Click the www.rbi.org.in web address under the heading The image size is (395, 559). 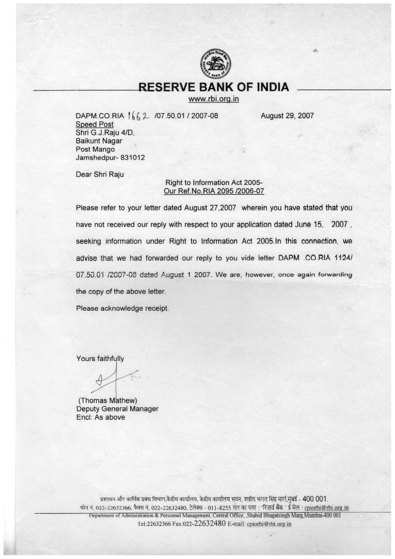pyautogui.click(x=214, y=99)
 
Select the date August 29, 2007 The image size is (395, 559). pyautogui.click(x=287, y=115)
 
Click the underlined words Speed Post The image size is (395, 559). pyautogui.click(x=95, y=124)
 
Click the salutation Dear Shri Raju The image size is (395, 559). pyautogui.click(x=100, y=174)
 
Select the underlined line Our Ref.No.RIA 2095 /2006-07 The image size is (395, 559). pyautogui.click(x=214, y=191)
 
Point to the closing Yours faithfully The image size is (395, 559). pyautogui.click(x=100, y=359)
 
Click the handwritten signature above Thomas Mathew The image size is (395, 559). pyautogui.click(x=113, y=379)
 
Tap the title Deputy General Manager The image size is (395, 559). pyautogui.click(x=117, y=409)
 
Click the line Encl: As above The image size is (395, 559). pyautogui.click(x=101, y=417)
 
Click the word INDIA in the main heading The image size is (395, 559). pyautogui.click(x=273, y=87)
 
